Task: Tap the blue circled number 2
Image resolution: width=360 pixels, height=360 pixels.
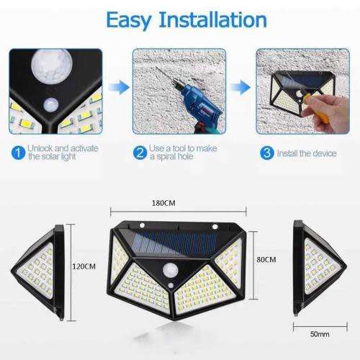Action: [141, 152]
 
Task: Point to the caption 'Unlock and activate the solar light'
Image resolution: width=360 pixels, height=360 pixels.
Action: [57, 152]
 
